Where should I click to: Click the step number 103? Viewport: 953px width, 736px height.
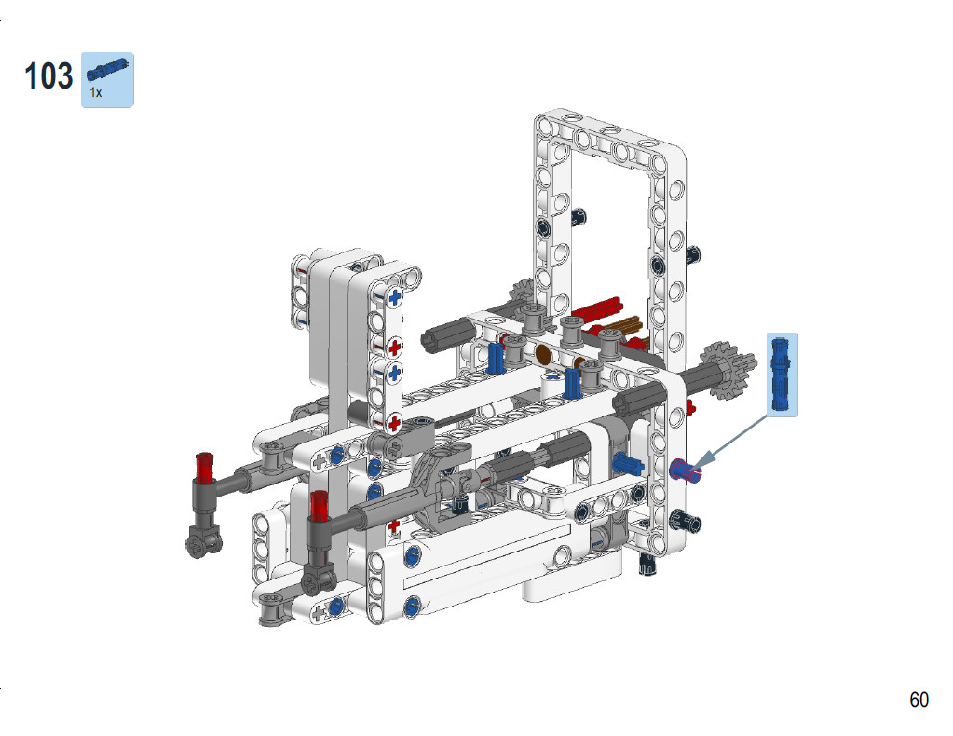[x=48, y=76]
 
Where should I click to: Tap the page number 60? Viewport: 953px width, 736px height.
[x=919, y=700]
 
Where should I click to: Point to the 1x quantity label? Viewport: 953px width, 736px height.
[x=95, y=92]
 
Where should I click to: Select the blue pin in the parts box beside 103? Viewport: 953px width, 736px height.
[x=107, y=69]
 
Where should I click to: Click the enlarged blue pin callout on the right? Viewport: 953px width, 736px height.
[x=782, y=374]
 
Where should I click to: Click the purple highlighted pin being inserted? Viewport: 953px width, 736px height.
[x=686, y=470]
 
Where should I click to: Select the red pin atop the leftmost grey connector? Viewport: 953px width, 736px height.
[x=205, y=466]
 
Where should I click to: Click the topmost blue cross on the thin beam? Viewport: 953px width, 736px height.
[x=395, y=297]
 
